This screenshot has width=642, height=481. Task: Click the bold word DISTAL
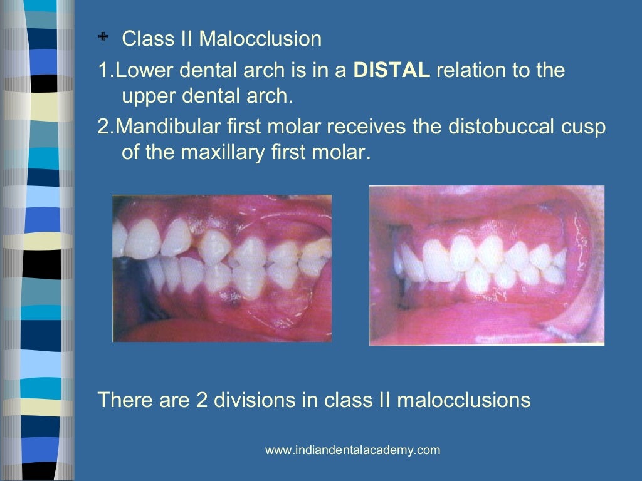pyautogui.click(x=392, y=70)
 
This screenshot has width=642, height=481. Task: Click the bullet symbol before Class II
pyautogui.click(x=103, y=39)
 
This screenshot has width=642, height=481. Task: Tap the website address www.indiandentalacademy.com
pyautogui.click(x=352, y=450)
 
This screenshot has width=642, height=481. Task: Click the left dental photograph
pyautogui.click(x=222, y=268)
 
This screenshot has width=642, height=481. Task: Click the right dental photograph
pyautogui.click(x=487, y=265)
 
